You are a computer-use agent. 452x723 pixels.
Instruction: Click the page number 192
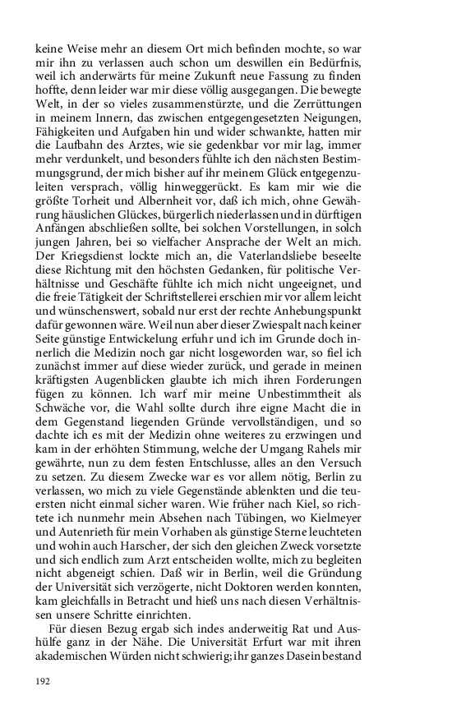(43, 681)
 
